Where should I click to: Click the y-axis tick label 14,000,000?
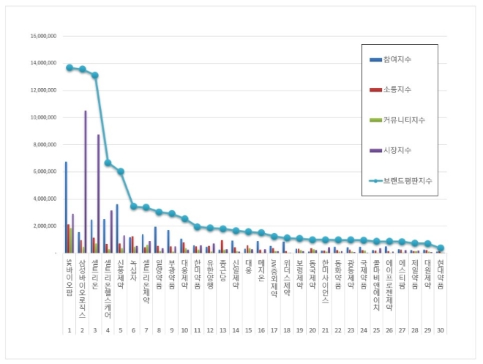pyautogui.click(x=42, y=63)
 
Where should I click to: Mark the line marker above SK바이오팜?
pyautogui.click(x=69, y=67)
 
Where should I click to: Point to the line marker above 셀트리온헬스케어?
pyautogui.click(x=108, y=163)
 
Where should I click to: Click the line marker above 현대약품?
pyautogui.click(x=441, y=248)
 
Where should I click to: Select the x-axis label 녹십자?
pyautogui.click(x=132, y=265)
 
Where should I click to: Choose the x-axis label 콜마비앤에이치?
pyautogui.click(x=376, y=276)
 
